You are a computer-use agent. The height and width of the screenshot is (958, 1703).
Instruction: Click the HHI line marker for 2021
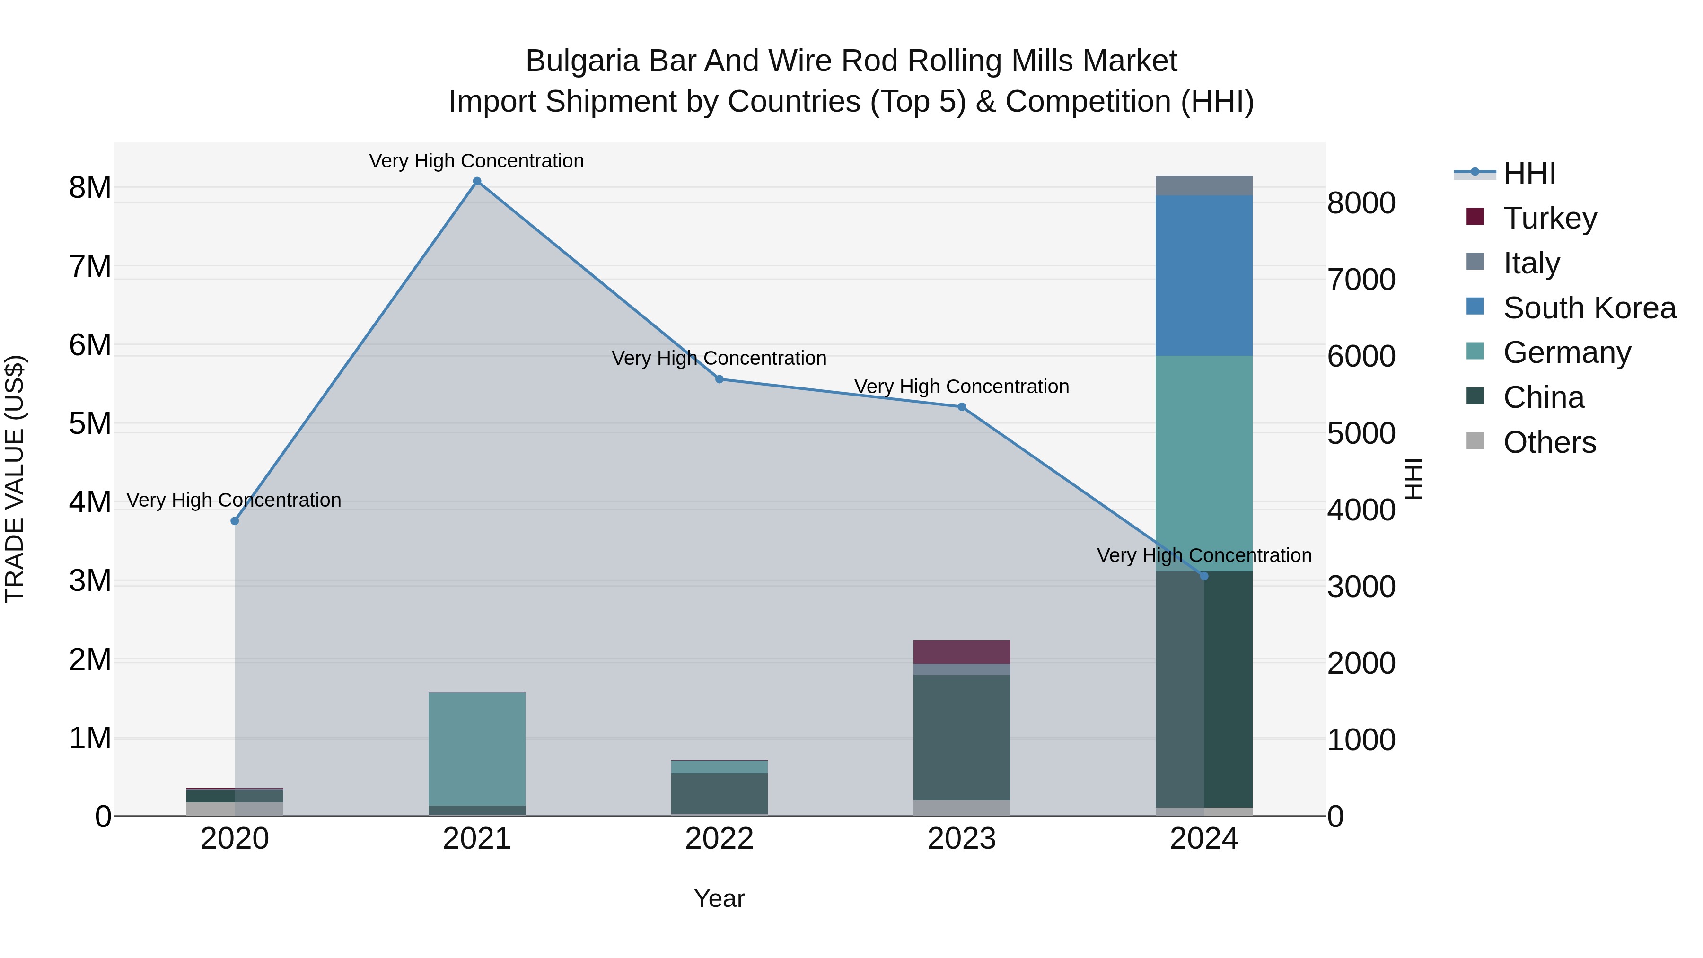pos(477,181)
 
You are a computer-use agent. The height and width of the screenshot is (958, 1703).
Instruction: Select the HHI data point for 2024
pos(1203,576)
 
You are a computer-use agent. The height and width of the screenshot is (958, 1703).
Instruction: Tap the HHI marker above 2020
pos(235,521)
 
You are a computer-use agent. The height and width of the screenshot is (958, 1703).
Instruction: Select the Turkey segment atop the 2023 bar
pos(961,651)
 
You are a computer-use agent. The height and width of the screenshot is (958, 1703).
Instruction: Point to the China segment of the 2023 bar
pos(961,737)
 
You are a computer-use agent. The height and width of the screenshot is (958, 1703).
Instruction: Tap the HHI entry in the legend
pos(1528,173)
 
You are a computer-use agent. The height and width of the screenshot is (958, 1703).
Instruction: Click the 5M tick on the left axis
pos(90,424)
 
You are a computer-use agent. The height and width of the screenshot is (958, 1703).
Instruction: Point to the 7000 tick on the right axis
pos(1361,280)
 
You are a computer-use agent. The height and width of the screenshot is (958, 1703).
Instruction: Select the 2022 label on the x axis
pos(719,839)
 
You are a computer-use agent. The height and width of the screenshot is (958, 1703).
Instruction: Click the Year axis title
pos(719,898)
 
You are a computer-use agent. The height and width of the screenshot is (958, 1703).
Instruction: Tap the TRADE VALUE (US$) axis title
pos(15,479)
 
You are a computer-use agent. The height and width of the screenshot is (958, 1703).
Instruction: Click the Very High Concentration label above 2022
pos(719,358)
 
